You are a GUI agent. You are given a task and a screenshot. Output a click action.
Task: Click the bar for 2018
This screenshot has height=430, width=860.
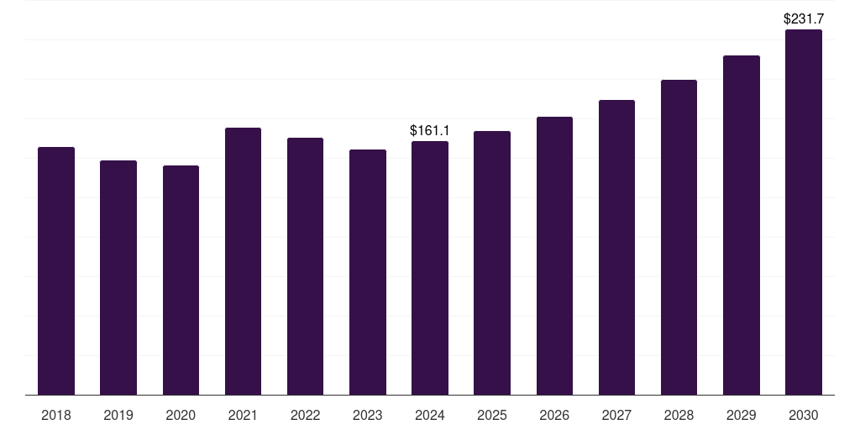(56, 271)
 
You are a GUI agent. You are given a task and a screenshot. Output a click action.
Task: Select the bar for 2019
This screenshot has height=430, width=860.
(118, 277)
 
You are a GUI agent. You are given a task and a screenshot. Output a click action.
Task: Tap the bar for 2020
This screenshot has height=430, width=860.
(181, 281)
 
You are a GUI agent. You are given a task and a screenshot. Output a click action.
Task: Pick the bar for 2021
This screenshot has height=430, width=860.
(243, 261)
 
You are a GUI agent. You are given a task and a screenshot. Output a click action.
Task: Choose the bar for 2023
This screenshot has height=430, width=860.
(368, 272)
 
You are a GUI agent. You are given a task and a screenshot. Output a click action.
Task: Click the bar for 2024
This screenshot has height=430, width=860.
(430, 268)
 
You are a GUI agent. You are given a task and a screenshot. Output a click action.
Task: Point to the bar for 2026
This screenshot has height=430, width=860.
(554, 255)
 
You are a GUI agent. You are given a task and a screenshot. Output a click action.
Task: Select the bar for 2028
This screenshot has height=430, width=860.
(679, 238)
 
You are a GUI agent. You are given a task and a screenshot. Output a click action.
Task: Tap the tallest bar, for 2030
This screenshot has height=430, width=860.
(804, 212)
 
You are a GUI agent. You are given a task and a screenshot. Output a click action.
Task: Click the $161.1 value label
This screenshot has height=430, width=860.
(430, 130)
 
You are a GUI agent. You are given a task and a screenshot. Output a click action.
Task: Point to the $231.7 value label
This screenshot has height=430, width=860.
(804, 19)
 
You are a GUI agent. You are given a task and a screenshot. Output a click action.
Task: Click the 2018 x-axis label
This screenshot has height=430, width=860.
(56, 415)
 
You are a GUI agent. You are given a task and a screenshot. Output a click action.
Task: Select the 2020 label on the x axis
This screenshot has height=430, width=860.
(181, 415)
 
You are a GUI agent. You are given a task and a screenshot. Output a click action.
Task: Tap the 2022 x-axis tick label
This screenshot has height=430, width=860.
(305, 415)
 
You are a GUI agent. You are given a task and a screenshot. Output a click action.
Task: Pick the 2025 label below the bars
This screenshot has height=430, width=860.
(492, 415)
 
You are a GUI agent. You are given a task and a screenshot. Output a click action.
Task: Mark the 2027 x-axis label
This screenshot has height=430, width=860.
(616, 415)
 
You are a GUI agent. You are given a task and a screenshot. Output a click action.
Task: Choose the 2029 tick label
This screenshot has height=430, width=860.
(741, 415)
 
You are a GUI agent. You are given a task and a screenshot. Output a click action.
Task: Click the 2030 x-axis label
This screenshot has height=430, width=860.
(804, 415)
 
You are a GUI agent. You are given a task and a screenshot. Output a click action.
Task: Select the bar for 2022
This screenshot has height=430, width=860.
(305, 266)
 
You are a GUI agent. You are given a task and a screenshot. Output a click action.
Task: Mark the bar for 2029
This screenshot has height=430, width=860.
(742, 225)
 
